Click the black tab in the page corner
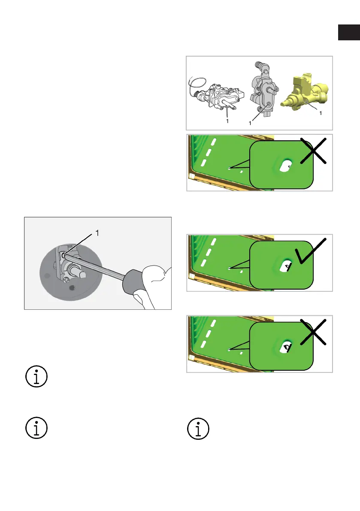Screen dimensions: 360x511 click(349, 32)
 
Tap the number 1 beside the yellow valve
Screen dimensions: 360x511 click(321, 113)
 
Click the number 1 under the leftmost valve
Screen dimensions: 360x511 click(227, 121)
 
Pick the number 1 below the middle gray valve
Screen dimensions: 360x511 click(250, 123)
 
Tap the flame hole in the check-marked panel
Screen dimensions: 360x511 click(286, 266)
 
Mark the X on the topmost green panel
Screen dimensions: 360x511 click(313, 151)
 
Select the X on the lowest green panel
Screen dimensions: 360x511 click(313, 332)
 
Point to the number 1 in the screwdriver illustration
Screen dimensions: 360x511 click(97, 233)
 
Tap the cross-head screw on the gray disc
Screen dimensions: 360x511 click(66, 279)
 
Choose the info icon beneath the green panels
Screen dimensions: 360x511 click(198, 429)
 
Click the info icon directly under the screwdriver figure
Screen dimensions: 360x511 click(36, 376)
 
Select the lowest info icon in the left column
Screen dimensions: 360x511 click(36, 428)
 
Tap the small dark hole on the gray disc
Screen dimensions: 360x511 click(73, 287)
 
